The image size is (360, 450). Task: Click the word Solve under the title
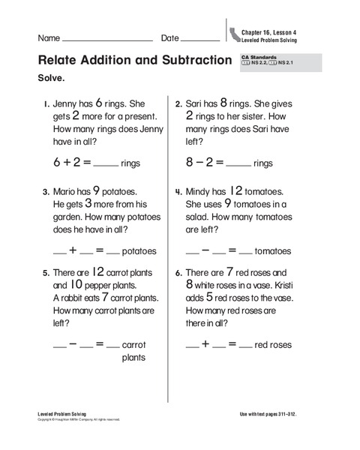coord(52,77)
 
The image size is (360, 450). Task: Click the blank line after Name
coord(108,40)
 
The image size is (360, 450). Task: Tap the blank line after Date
coord(201,40)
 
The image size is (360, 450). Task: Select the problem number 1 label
coord(46,105)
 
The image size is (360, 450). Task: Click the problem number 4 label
coord(178,192)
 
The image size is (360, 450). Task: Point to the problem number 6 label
coord(178,273)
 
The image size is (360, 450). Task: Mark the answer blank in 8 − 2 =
coord(238,164)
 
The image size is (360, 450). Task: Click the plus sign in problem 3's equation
coord(73,250)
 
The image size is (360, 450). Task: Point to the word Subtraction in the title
coord(187,60)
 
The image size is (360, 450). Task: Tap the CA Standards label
coord(259,57)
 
